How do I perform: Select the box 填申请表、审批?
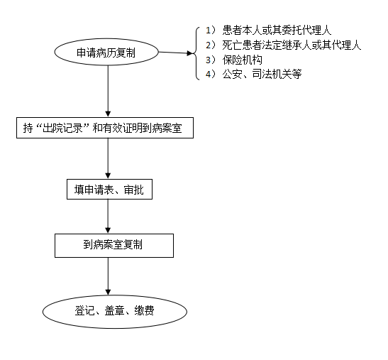(x=109, y=190)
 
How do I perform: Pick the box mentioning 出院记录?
(x=105, y=128)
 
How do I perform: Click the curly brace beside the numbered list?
(x=196, y=53)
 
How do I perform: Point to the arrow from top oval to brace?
(x=176, y=53)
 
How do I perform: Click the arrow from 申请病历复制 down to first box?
(x=108, y=91)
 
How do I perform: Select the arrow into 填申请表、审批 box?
(x=108, y=158)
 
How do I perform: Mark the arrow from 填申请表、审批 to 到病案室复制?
(x=108, y=217)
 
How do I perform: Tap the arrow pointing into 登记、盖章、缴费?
(x=108, y=276)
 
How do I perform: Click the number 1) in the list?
(x=211, y=31)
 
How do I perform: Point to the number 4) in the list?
(x=211, y=74)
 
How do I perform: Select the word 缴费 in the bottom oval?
(x=144, y=310)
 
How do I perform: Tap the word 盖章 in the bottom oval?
(x=115, y=310)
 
